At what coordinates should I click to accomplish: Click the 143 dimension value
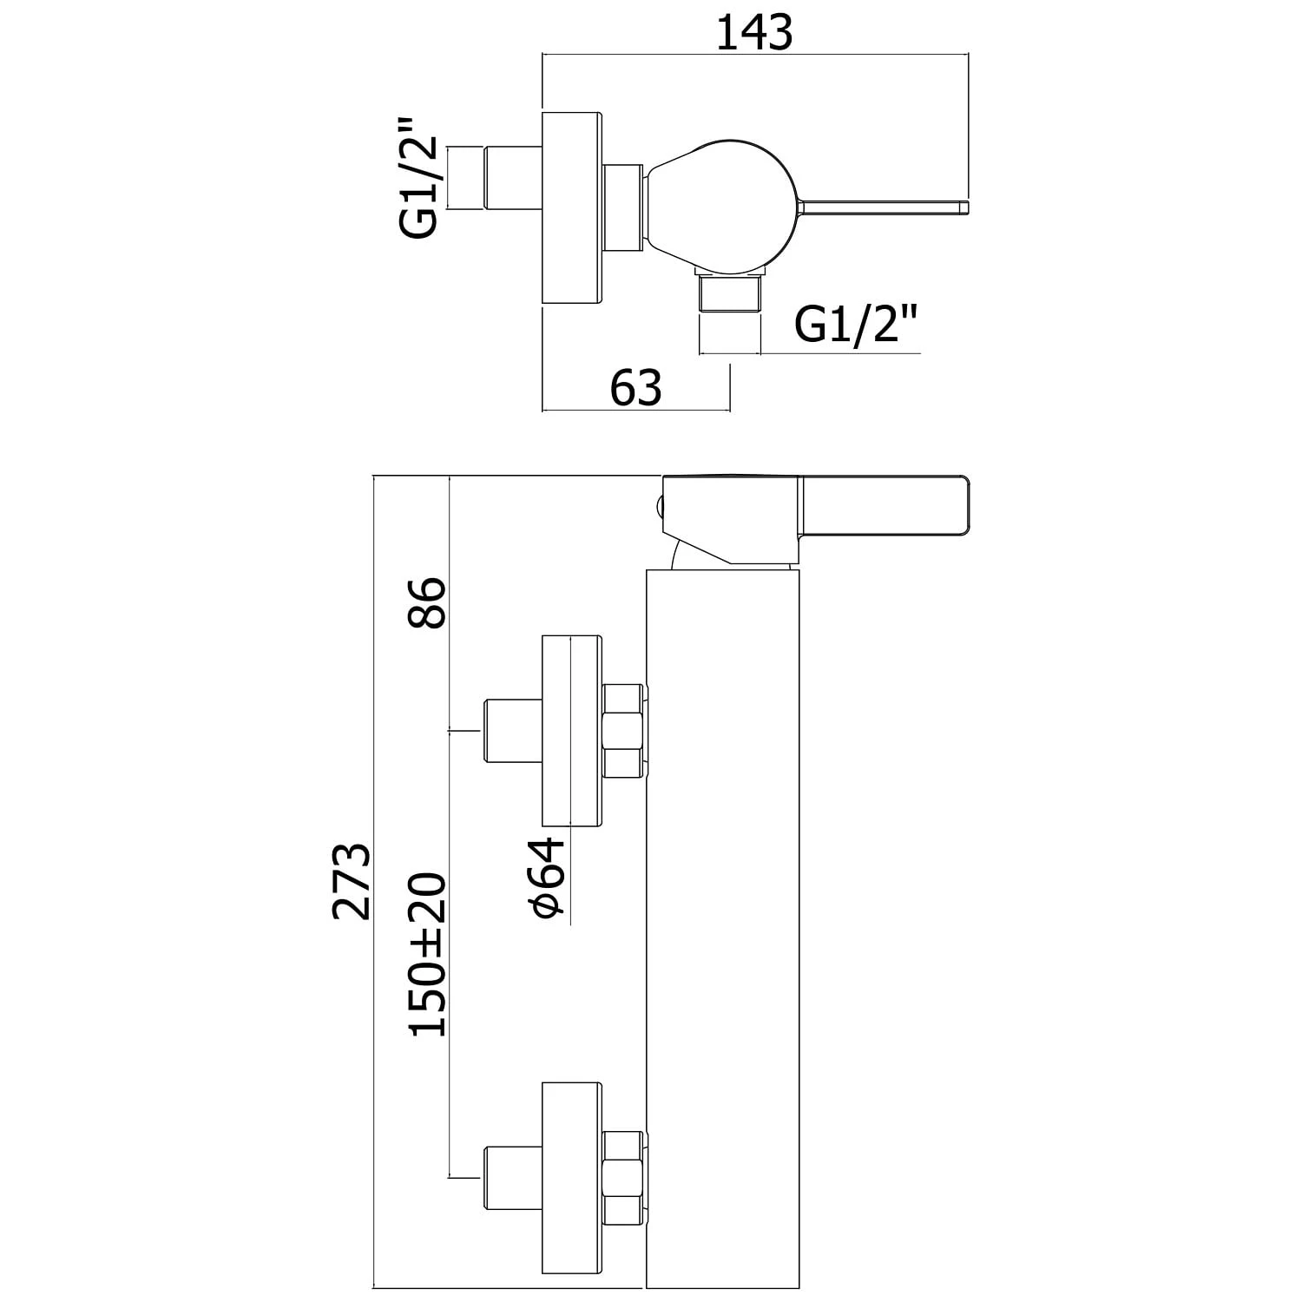754,34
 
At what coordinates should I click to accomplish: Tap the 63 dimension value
635,388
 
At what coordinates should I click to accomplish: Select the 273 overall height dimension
353,880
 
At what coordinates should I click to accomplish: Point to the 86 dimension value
429,602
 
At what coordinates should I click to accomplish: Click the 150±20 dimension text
429,955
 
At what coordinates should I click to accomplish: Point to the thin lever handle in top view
885,207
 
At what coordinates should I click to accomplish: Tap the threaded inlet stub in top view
511,179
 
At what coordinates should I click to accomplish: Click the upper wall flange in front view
572,730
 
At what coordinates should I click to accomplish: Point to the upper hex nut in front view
621,731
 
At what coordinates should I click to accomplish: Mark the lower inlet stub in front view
511,1177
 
